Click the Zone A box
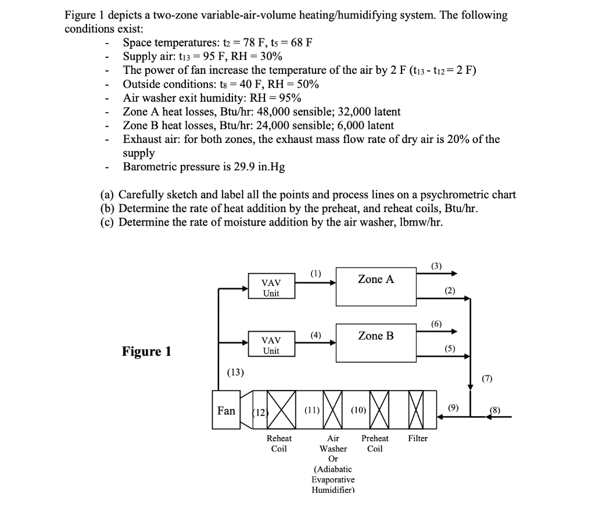click(375, 286)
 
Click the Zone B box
click(375, 342)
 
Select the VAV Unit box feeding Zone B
click(271, 345)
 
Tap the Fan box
click(226, 411)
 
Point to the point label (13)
click(236, 372)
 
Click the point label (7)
click(487, 379)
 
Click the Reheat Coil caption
click(279, 443)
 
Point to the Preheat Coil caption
click(375, 443)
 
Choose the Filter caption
click(417, 439)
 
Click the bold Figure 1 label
click(146, 351)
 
